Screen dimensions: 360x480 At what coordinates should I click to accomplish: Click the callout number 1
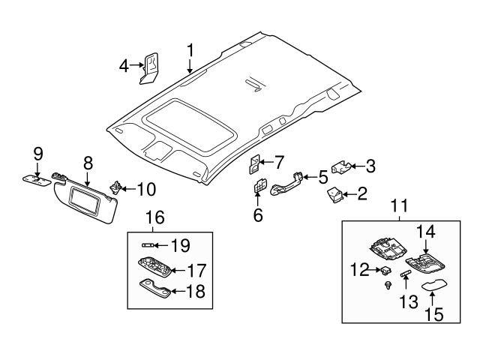(x=190, y=50)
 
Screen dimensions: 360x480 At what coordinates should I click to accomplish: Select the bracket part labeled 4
(x=151, y=64)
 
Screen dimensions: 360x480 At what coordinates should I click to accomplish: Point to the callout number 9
(x=37, y=155)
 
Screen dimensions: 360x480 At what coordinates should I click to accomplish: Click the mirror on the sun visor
(x=88, y=198)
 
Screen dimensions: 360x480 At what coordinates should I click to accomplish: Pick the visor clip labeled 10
(x=116, y=186)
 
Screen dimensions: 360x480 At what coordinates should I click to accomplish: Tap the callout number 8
(x=88, y=161)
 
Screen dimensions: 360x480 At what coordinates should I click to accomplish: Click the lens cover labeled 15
(x=434, y=286)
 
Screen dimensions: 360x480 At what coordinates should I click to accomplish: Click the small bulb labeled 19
(x=148, y=245)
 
